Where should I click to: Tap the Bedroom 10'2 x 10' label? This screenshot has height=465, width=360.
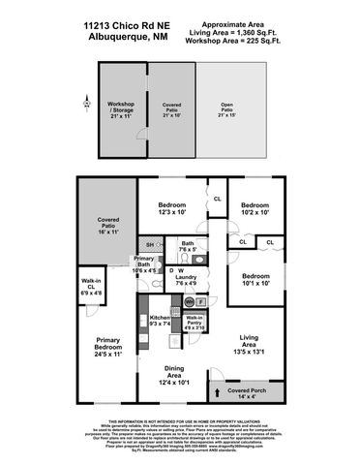click(255, 208)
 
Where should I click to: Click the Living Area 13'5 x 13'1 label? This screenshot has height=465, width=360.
click(255, 344)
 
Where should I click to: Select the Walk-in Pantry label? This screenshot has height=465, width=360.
click(194, 322)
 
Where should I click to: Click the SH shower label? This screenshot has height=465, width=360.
click(149, 245)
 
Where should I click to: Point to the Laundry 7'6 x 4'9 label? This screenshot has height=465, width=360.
click(188, 280)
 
